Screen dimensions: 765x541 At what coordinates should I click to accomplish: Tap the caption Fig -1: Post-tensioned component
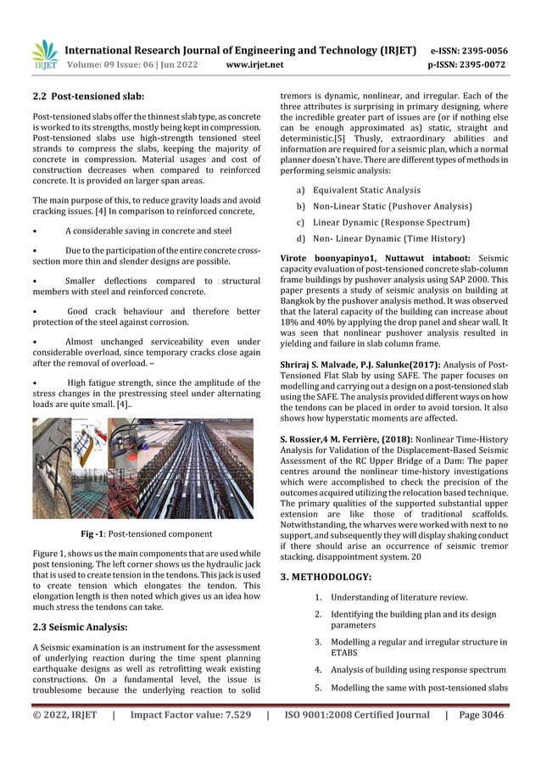(x=147, y=533)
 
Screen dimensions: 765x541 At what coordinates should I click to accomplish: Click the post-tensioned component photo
(x=147, y=470)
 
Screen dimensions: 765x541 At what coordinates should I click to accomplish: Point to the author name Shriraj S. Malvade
(x=321, y=365)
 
